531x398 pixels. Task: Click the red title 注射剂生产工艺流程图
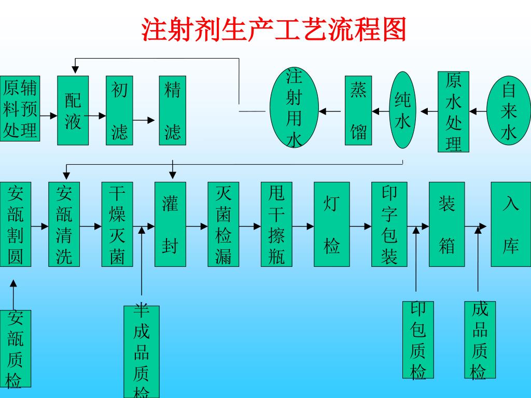(274, 30)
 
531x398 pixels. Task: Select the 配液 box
(73, 110)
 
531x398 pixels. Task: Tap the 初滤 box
(119, 110)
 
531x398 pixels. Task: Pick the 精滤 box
(173, 110)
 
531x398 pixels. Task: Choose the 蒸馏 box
(358, 110)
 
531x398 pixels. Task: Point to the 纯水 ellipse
(403, 109)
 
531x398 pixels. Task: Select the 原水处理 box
(453, 111)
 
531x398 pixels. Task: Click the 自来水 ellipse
(509, 109)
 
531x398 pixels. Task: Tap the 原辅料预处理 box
(20, 109)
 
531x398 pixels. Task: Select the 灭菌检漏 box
(223, 224)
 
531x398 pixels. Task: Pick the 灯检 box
(331, 224)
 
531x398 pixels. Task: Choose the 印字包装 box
(389, 224)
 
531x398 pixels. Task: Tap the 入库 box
(511, 224)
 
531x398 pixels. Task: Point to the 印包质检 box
(418, 339)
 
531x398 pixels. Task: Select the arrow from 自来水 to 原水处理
(478, 111)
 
